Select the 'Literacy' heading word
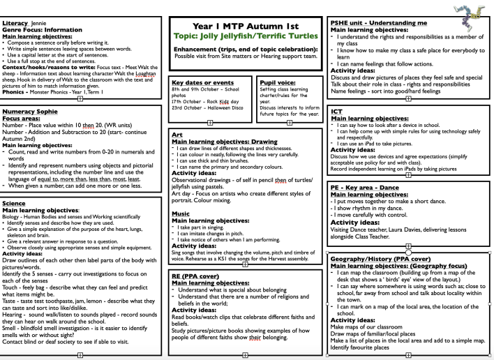(15, 6)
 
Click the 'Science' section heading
(15, 202)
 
